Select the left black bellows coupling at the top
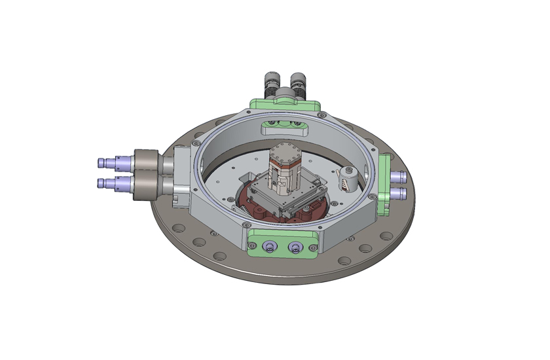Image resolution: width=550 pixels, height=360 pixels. pyautogui.click(x=271, y=83)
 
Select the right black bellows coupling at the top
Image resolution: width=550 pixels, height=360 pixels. pyautogui.click(x=298, y=83)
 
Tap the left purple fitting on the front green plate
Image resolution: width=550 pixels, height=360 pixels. pyautogui.click(x=268, y=247)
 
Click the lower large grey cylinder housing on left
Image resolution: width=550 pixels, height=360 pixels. pyautogui.click(x=145, y=187)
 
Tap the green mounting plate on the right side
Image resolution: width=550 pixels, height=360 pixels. pyautogui.click(x=385, y=185)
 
